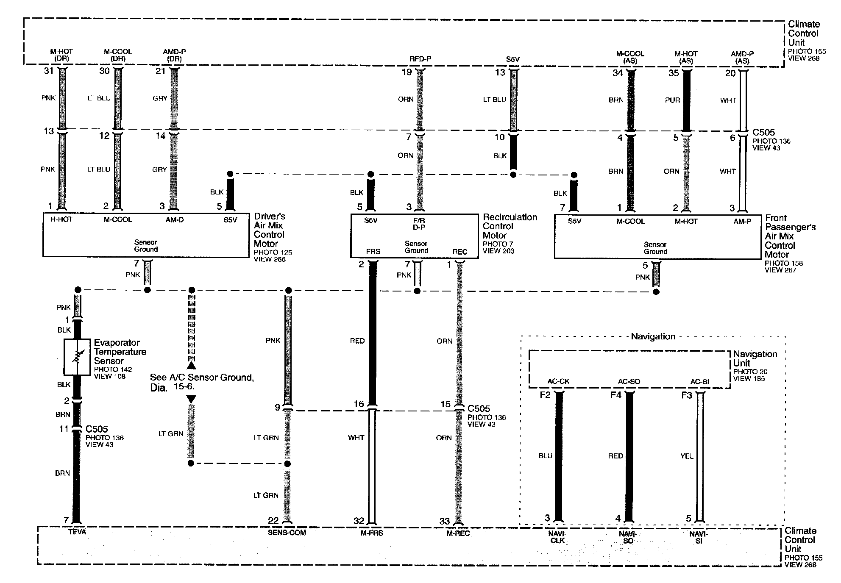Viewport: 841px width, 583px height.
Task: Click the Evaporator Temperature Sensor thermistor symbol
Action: [77, 357]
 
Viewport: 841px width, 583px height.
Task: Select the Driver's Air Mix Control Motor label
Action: [269, 230]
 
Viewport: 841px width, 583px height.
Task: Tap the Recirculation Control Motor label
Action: [509, 226]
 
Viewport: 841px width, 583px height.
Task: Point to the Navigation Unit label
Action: [755, 358]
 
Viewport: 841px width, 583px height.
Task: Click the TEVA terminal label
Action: [77, 532]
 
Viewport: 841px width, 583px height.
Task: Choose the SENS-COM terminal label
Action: [287, 533]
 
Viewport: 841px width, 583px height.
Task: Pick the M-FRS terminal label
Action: [371, 533]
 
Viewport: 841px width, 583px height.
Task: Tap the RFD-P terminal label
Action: [420, 59]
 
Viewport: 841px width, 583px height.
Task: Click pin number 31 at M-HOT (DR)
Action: [49, 71]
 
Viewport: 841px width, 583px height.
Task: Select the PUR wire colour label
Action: [672, 100]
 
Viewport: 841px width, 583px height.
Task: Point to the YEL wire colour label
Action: [687, 456]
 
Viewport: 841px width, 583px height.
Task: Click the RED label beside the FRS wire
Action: [357, 341]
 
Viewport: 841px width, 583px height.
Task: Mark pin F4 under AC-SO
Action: [615, 395]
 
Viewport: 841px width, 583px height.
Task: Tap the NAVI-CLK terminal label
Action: [558, 538]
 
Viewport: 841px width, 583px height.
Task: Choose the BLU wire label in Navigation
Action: [545, 456]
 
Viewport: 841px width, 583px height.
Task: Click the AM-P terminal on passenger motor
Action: [742, 221]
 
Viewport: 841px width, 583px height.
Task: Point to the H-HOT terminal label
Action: [62, 219]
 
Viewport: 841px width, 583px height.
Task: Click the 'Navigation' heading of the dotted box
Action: [653, 337]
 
